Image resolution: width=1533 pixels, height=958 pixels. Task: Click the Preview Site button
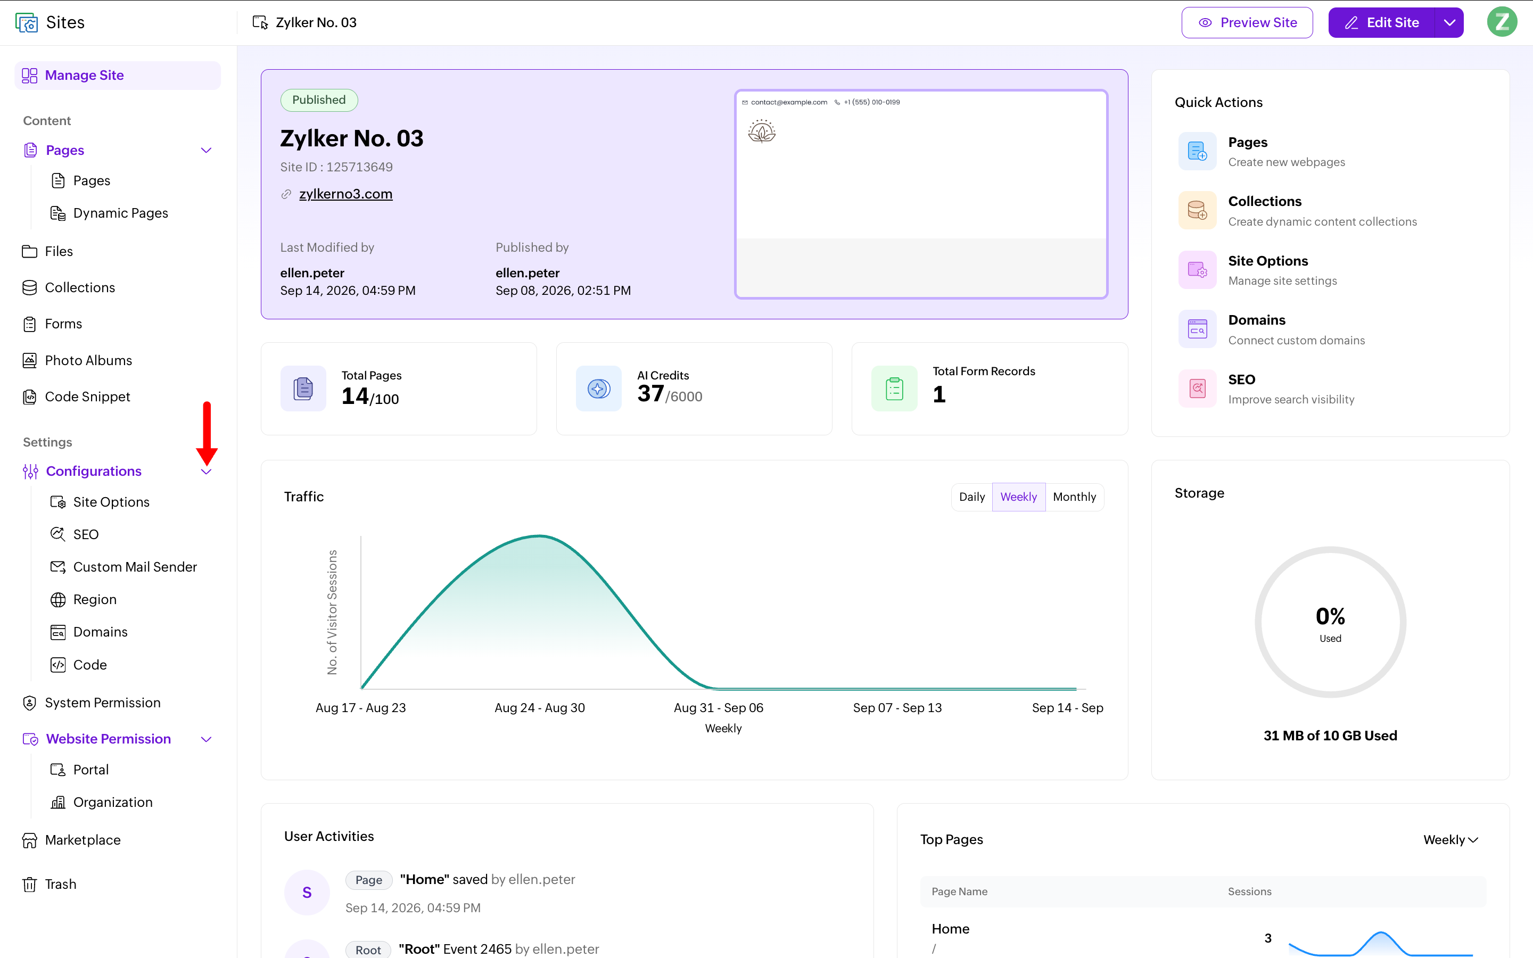coord(1247,23)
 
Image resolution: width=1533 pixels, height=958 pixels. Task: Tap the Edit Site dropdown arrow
coord(1449,23)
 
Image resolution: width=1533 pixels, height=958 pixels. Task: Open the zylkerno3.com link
coord(346,194)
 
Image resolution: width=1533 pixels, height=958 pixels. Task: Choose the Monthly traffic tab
coord(1074,497)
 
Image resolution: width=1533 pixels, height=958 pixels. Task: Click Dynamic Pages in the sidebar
coord(120,213)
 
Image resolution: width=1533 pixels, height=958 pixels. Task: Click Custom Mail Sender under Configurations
coord(135,567)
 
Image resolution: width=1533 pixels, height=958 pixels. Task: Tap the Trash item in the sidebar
coord(61,885)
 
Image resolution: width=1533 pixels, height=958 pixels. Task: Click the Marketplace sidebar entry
coord(83,840)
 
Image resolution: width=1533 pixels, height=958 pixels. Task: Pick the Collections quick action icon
coord(1197,210)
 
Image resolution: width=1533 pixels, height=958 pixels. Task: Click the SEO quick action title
coord(1242,379)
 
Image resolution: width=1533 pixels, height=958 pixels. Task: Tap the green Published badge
coord(319,100)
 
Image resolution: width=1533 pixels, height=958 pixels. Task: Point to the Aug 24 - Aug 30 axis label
coord(540,708)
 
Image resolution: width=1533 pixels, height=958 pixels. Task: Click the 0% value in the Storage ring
coord(1330,616)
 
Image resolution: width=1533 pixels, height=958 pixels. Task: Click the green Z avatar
coord(1503,22)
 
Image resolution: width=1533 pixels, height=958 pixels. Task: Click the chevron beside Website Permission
coord(206,739)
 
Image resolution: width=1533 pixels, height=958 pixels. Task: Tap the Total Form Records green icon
coord(894,389)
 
